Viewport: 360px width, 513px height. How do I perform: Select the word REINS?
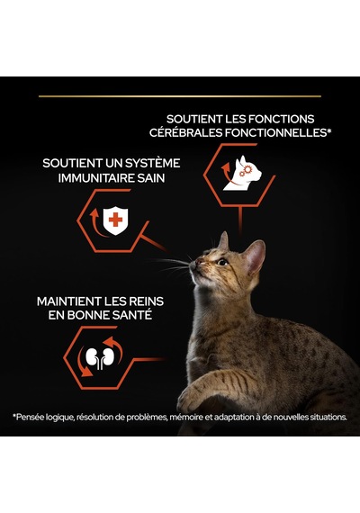click(147, 301)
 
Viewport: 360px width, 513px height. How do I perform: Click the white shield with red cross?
click(115, 220)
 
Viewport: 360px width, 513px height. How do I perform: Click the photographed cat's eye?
click(222, 262)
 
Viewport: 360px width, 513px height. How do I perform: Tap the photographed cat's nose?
click(199, 261)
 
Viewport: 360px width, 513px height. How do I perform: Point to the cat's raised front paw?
click(194, 397)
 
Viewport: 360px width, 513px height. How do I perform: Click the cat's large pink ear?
click(255, 256)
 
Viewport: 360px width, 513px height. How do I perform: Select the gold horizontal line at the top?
click(180, 96)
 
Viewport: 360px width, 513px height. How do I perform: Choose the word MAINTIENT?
click(69, 301)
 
